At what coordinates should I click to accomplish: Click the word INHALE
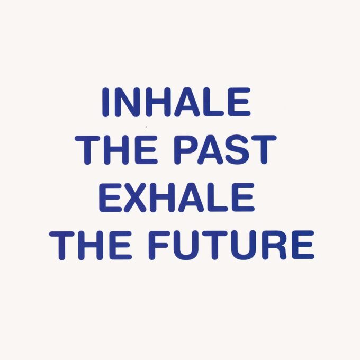tap(176, 102)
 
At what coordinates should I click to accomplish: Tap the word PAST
tap(225, 150)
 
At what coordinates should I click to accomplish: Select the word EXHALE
tap(177, 197)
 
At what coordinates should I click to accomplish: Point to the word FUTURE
tap(232, 245)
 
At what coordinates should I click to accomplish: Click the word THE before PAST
tap(116, 150)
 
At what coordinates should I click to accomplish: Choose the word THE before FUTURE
tap(91, 245)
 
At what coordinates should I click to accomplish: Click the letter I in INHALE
tap(105, 102)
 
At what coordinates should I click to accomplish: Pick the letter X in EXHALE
tap(137, 197)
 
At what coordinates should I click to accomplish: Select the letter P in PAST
tap(186, 150)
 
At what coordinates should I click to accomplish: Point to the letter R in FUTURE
tap(276, 245)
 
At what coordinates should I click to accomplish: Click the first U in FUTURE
tap(187, 245)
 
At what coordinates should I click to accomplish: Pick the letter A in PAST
tap(211, 150)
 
